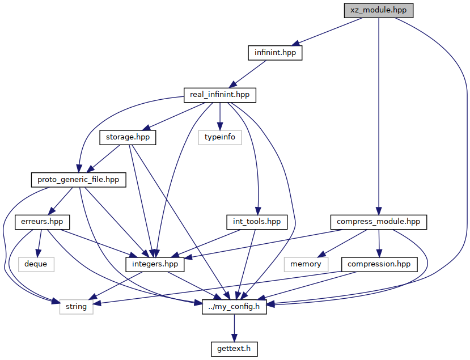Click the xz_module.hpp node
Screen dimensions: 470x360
(x=379, y=11)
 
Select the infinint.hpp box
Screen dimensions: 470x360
(x=275, y=53)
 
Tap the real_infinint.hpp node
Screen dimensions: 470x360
(x=220, y=95)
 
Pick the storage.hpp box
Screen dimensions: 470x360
(x=128, y=137)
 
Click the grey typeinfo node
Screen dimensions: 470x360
(x=220, y=137)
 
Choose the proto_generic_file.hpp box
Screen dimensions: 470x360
(x=79, y=180)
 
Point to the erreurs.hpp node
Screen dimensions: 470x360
(x=42, y=222)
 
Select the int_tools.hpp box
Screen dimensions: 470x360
(x=257, y=222)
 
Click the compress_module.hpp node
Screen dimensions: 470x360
(x=379, y=222)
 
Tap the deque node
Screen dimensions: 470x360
(x=36, y=264)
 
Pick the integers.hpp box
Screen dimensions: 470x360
(x=155, y=264)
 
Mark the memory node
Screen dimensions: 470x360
(x=306, y=264)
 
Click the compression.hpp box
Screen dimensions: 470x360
(x=379, y=264)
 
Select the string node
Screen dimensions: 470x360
(x=76, y=307)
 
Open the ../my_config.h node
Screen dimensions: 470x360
(x=234, y=307)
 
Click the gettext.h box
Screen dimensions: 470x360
(x=234, y=349)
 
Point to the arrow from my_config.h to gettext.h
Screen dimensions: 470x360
(x=234, y=328)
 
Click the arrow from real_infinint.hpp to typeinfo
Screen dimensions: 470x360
(x=220, y=116)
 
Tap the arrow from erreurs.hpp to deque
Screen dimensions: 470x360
(x=39, y=243)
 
